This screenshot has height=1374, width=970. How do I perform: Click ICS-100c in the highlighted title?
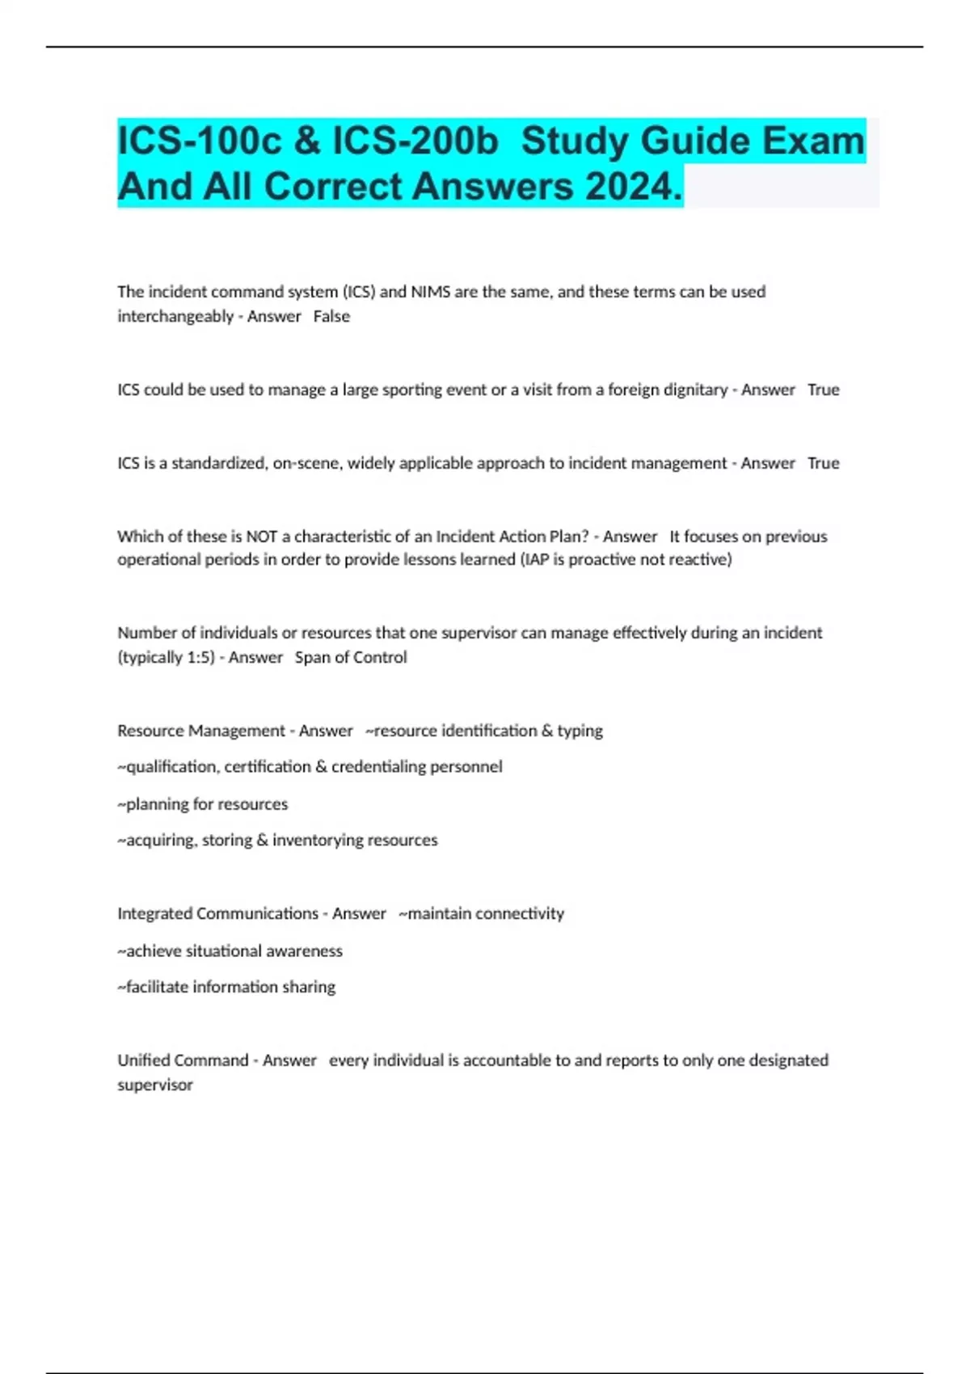198,141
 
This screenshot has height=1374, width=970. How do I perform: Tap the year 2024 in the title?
634,187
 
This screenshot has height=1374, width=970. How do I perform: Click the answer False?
331,317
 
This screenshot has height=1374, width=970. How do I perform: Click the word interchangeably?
175,317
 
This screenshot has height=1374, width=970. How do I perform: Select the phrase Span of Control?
351,657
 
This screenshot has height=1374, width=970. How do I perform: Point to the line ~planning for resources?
203,804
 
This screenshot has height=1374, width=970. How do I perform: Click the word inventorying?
318,841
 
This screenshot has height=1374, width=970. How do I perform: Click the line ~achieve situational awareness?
230,951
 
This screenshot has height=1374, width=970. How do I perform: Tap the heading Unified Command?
183,1060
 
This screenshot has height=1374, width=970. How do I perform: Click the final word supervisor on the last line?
155,1085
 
